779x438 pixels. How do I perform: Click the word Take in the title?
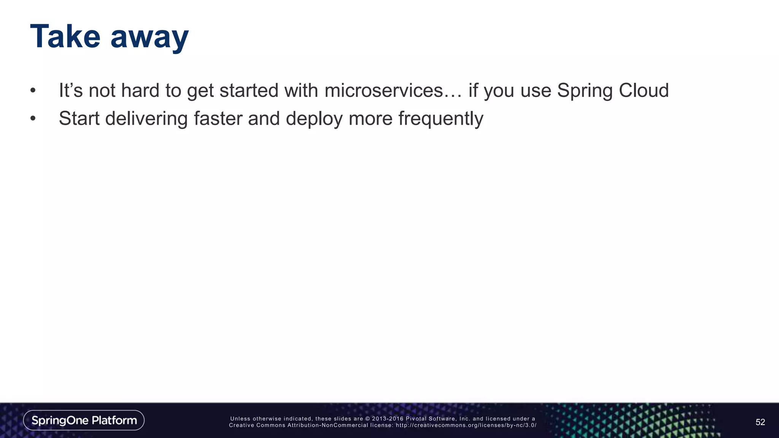click(x=65, y=36)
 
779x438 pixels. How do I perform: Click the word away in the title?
click(x=149, y=38)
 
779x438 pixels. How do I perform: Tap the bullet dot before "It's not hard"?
click(x=33, y=91)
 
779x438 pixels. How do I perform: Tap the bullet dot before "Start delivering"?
click(x=33, y=119)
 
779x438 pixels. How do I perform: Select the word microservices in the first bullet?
click(x=384, y=90)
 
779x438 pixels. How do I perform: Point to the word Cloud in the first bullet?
click(x=644, y=90)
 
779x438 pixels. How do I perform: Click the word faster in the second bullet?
click(x=218, y=118)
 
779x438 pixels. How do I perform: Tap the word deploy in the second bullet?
click(x=314, y=119)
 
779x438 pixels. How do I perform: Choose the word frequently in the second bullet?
click(x=440, y=119)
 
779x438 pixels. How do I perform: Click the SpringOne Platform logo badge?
click(x=84, y=420)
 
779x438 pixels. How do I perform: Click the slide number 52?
click(x=760, y=422)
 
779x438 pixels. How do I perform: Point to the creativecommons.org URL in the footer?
click(x=466, y=425)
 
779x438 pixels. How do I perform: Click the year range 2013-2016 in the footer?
click(x=388, y=419)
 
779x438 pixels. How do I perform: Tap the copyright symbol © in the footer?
click(x=367, y=419)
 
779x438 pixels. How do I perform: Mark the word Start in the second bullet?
click(x=79, y=119)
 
